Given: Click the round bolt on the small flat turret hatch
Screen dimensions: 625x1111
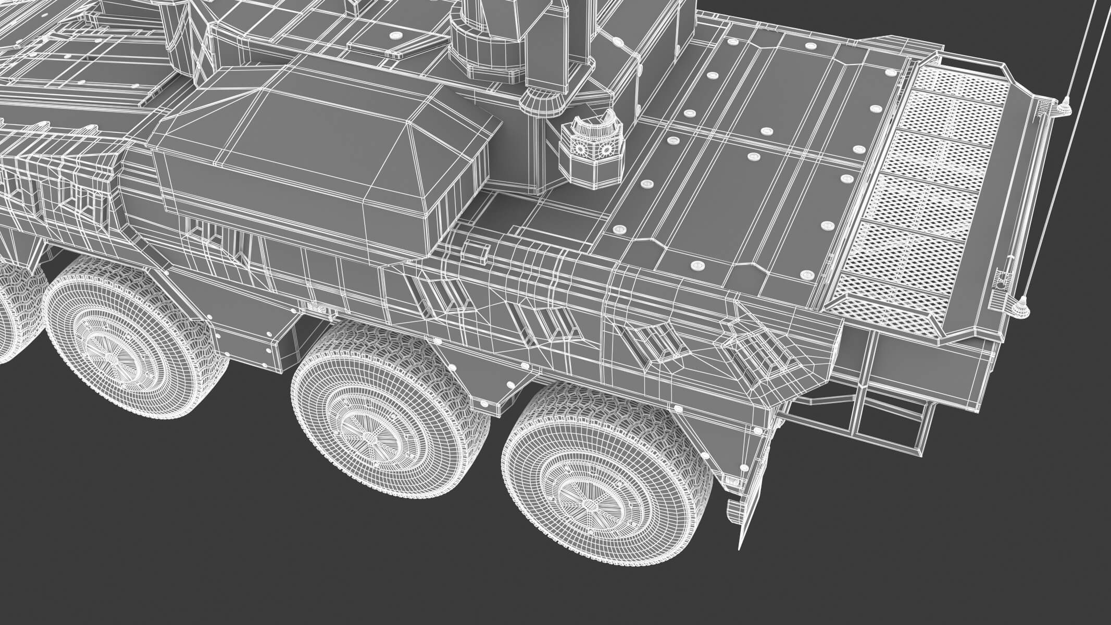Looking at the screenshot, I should point(396,35).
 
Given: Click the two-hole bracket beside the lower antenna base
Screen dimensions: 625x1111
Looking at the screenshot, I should point(1000,281).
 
